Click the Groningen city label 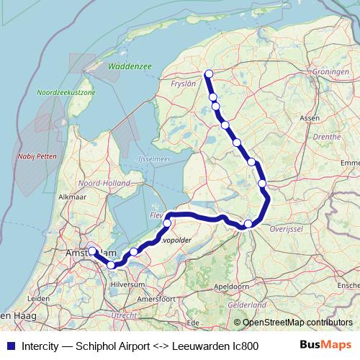(x=332, y=73)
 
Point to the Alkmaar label (x=72, y=196)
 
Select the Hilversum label (x=128, y=284)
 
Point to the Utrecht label (x=125, y=315)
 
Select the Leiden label (x=38, y=298)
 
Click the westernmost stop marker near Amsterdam (x=92, y=251)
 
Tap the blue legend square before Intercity (x=9, y=345)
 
